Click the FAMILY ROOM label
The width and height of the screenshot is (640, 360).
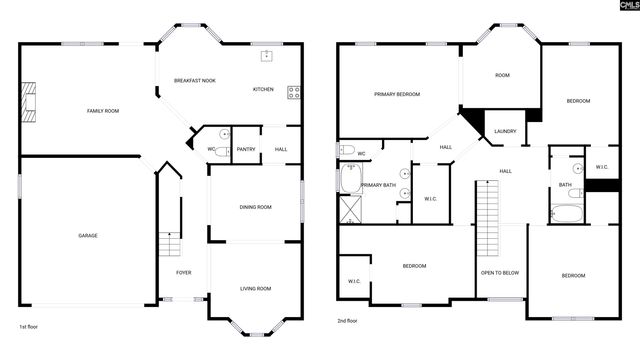pos(103,111)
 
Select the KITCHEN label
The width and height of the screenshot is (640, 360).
pos(263,89)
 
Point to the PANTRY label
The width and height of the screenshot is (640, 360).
pos(246,150)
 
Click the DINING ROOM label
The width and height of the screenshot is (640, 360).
pos(255,207)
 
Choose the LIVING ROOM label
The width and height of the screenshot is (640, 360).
pos(255,289)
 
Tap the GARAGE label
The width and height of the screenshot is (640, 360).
pos(88,235)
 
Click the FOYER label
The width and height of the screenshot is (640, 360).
pos(184,272)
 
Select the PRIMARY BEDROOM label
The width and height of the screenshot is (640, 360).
pos(397,94)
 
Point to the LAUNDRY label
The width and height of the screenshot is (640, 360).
pos(505,131)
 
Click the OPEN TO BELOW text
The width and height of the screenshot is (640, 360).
pos(499,272)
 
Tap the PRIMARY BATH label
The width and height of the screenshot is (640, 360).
pos(379,186)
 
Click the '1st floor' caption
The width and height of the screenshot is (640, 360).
pos(29,327)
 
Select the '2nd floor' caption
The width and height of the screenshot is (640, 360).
pos(349,321)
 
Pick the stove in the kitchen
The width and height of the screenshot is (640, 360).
pos(294,93)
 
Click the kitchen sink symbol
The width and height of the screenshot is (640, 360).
pos(267,55)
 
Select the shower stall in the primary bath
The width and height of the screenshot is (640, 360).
pos(352,209)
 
